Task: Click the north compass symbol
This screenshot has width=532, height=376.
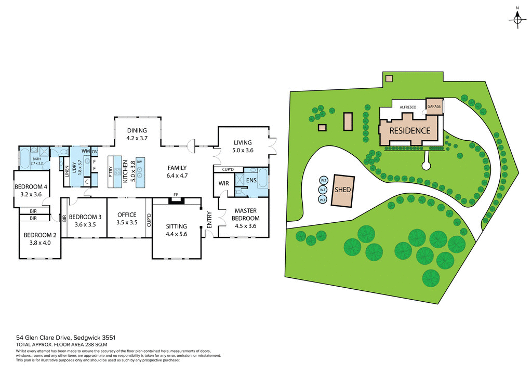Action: click(517, 20)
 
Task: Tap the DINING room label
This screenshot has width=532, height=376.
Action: click(137, 130)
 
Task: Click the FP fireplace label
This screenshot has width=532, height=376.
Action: click(177, 196)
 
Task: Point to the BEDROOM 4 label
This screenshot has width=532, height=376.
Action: click(31, 187)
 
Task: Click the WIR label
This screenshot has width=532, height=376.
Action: click(224, 183)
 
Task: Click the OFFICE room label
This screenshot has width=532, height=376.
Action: click(127, 214)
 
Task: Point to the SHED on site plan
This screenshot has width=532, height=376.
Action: click(343, 190)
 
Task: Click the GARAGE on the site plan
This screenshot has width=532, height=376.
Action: click(434, 106)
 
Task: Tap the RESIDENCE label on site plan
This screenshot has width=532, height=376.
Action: click(410, 130)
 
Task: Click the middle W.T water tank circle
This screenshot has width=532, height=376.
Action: click(323, 190)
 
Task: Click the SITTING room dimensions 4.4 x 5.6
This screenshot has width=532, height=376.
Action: click(176, 234)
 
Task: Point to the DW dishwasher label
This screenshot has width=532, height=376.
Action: click(139, 162)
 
